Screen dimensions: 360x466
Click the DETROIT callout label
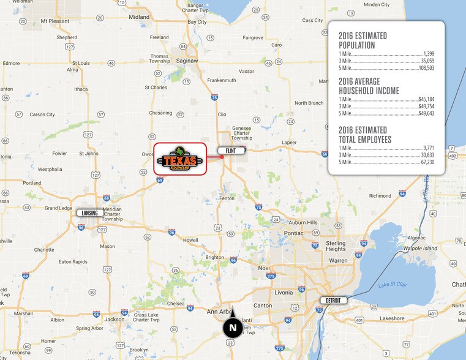click(334, 300)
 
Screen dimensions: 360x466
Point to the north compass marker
click(233, 326)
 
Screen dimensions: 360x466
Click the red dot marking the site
click(222, 157)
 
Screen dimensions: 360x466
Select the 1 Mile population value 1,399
click(429, 54)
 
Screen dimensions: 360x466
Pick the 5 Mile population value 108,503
click(426, 69)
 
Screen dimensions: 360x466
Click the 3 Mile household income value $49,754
click(426, 106)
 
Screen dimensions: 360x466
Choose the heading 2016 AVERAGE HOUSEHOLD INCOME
click(369, 86)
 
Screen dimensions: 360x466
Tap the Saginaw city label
click(187, 61)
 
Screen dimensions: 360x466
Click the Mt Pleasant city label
click(54, 21)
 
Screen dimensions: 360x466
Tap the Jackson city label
click(115, 319)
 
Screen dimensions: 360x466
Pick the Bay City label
click(197, 21)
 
